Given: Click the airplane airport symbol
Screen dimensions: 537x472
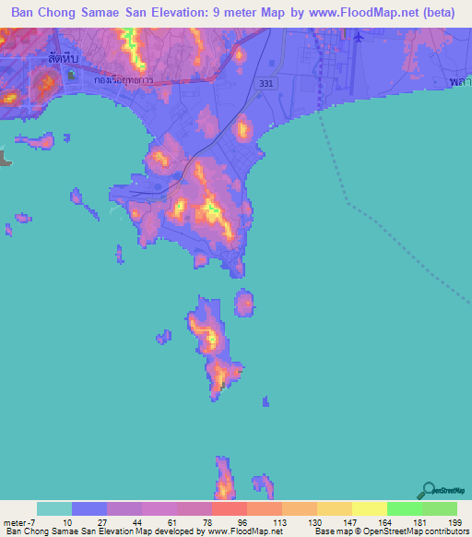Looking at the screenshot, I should point(357,37).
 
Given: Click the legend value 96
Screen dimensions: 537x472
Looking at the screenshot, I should point(242,521).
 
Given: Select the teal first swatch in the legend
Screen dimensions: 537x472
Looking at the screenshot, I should point(54,508).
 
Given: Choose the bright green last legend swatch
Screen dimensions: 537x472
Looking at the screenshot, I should point(440,508).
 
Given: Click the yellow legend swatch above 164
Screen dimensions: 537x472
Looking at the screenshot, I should point(370,508).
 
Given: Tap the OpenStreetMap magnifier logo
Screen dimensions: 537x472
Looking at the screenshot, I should point(429,490).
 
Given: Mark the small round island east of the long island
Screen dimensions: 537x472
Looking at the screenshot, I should point(244,302).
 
